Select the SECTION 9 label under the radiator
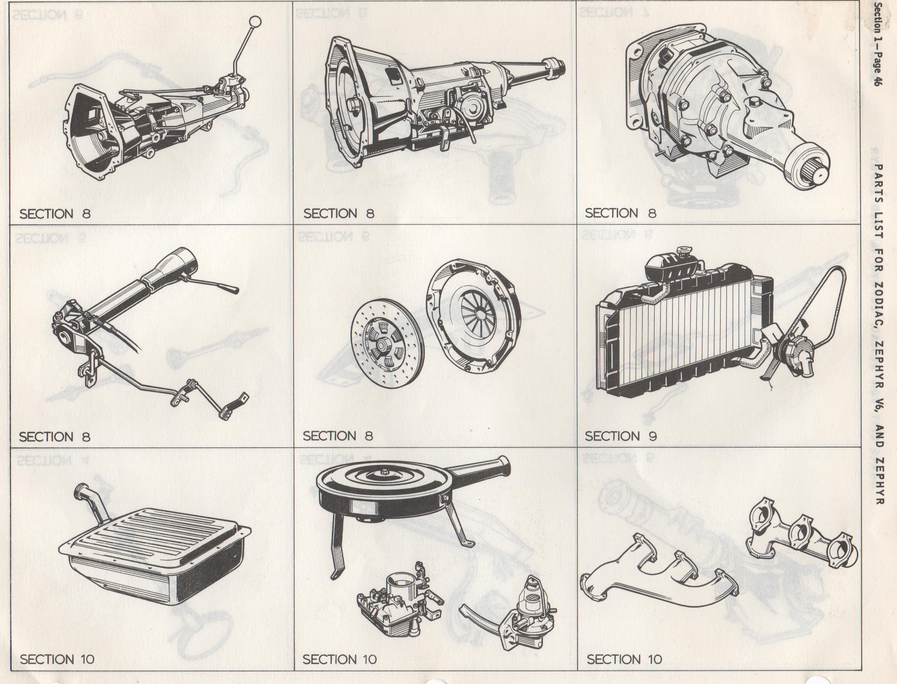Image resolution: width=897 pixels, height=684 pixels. point(621,436)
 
